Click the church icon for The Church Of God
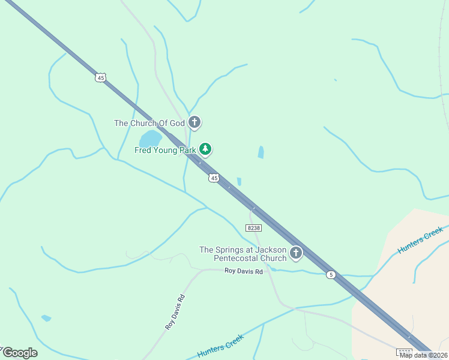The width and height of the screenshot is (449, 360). (194, 123)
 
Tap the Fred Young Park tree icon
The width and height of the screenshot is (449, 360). (205, 148)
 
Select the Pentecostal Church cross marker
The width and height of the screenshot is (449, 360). (295, 253)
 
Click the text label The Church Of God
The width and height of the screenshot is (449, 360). (149, 124)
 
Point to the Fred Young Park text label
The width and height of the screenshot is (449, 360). (165, 150)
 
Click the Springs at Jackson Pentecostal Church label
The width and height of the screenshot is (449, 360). (243, 254)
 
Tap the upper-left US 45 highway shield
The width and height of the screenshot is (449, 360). (100, 77)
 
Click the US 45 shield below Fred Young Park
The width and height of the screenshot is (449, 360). (214, 178)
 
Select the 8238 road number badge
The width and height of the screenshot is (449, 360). (253, 228)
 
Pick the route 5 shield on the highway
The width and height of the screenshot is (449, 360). (331, 275)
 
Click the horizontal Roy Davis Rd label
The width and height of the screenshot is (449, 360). (244, 271)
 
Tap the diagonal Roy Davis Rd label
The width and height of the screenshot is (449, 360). (175, 311)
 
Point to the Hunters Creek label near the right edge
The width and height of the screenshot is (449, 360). (420, 239)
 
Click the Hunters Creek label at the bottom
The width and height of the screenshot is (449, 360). (220, 349)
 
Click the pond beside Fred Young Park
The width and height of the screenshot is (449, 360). (151, 139)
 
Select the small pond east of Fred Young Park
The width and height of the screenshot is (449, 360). (261, 152)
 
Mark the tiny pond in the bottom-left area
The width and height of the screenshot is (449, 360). (46, 318)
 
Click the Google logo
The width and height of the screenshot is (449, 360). (19, 353)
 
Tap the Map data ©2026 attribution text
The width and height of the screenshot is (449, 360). (424, 355)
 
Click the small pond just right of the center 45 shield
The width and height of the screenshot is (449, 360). (239, 181)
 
